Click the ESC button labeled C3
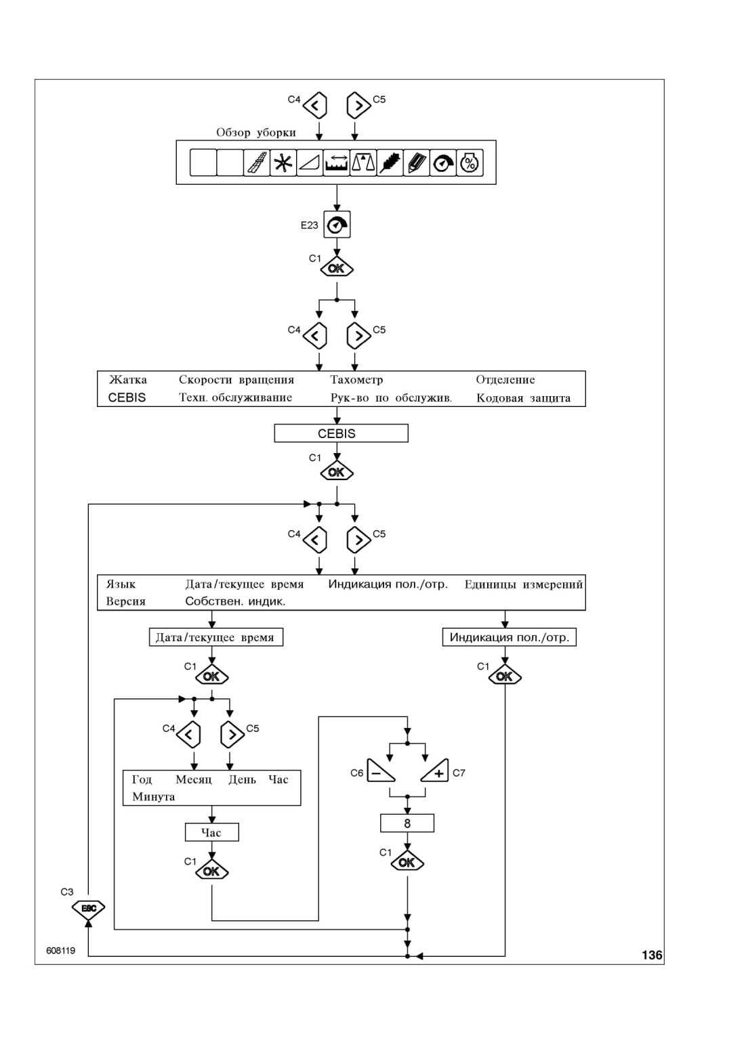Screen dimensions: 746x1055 pos(88,907)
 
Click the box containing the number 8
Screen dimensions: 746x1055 pos(407,823)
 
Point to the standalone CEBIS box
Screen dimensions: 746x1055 pos(341,433)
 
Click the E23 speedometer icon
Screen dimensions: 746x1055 pos(337,225)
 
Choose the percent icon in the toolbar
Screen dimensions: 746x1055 pos(470,163)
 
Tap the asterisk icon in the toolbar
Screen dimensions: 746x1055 pos(283,163)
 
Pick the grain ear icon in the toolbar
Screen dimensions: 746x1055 pos(390,163)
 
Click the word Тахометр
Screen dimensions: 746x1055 pos(357,380)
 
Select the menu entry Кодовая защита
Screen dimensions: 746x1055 pos(524,398)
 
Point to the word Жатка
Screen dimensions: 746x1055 pos(127,380)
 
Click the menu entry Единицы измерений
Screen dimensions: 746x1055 pos(524,584)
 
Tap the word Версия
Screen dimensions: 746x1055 pos(126,601)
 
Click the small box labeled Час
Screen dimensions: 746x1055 pos(211,832)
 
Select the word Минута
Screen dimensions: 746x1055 pos(154,797)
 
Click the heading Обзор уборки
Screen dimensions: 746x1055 pos(256,132)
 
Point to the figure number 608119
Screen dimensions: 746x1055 pos(61,951)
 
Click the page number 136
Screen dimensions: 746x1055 pos(652,955)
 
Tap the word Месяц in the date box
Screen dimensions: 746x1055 pos(194,779)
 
